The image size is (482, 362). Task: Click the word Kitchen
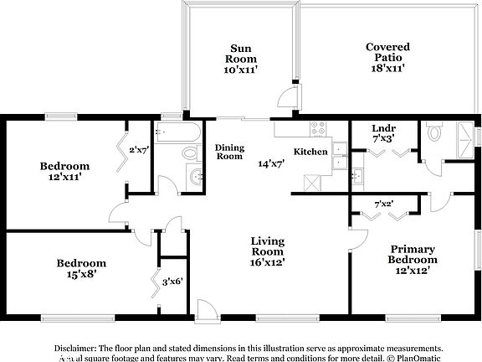coord(309,152)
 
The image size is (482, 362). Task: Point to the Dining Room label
coord(229,152)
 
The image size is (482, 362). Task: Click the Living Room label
coord(268,246)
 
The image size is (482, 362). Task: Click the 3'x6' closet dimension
coord(172,282)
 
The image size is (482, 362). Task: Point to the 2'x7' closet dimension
coord(138,151)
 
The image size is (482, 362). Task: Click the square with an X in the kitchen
coord(311,182)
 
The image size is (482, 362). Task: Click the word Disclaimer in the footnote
coord(76,347)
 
